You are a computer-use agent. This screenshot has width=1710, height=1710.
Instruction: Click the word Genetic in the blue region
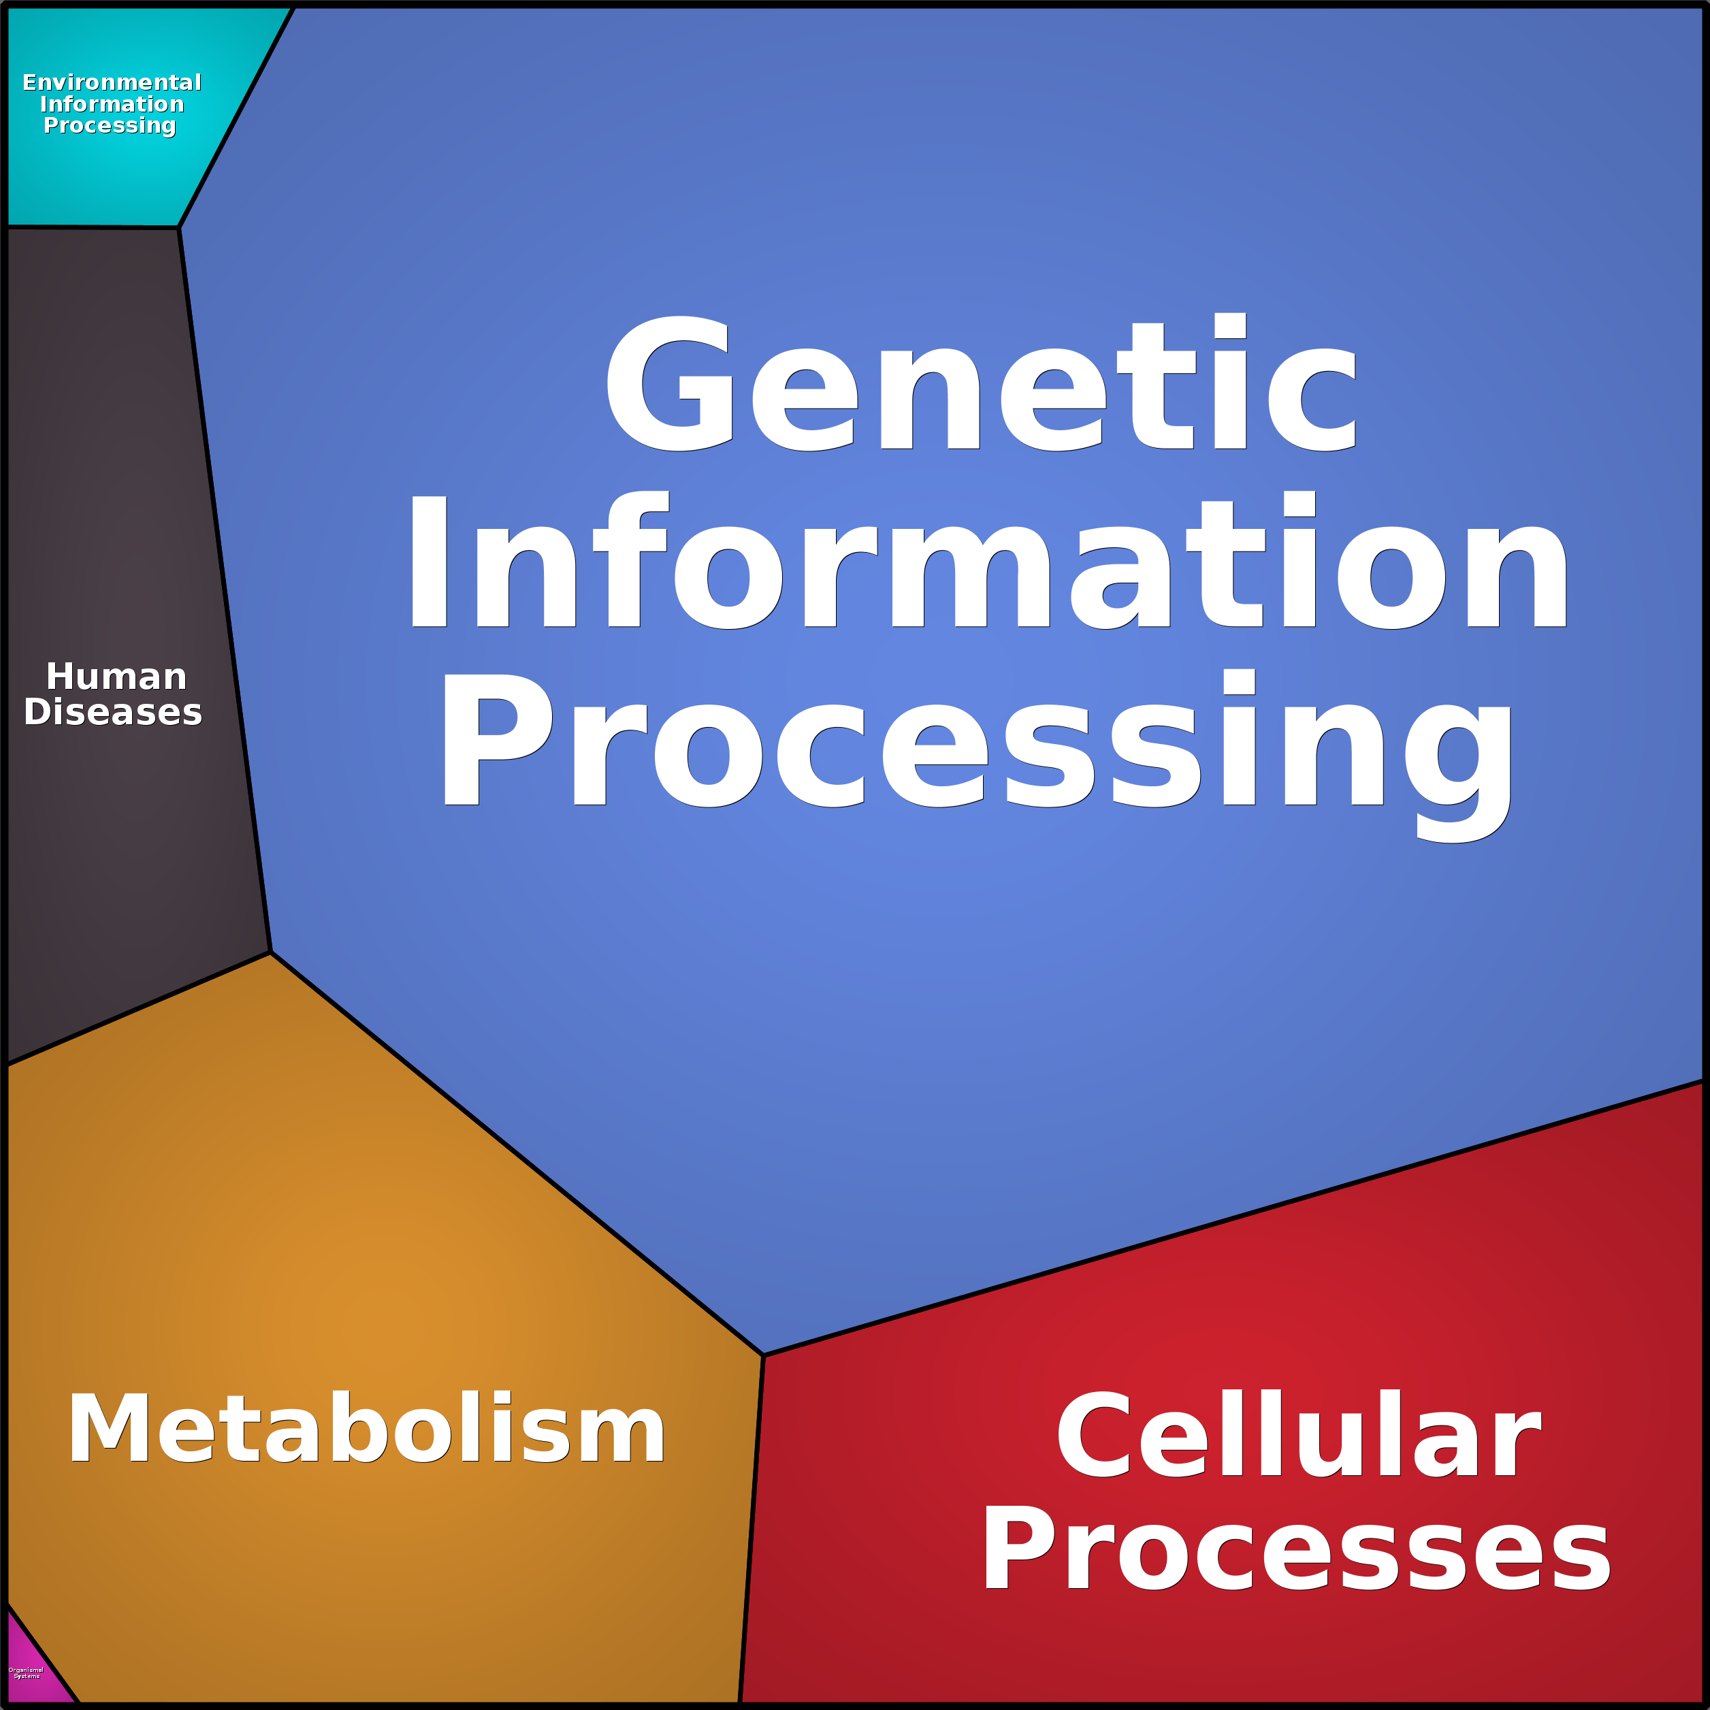[981, 384]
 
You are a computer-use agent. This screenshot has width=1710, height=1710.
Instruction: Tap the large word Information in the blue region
[988, 562]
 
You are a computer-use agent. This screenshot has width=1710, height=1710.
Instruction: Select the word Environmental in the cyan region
[112, 82]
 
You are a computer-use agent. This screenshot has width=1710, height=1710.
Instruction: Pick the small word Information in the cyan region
[112, 104]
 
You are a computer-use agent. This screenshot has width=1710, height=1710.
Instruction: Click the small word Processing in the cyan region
[110, 126]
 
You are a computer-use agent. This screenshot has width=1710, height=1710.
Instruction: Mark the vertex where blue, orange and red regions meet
[763, 1355]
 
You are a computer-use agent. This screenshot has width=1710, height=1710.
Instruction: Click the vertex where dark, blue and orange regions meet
[270, 953]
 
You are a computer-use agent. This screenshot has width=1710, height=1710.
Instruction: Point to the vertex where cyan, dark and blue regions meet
[179, 227]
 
